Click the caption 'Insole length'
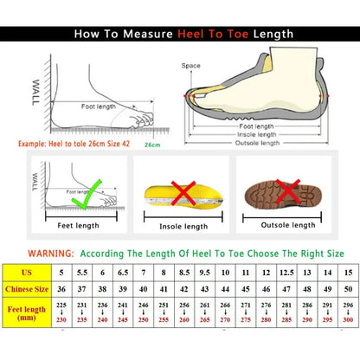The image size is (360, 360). coord(183,226)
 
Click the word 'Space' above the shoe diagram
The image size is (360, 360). coord(190,65)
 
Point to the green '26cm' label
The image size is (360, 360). coord(151,145)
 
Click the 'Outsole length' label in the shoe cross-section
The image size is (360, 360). coord(257,144)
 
